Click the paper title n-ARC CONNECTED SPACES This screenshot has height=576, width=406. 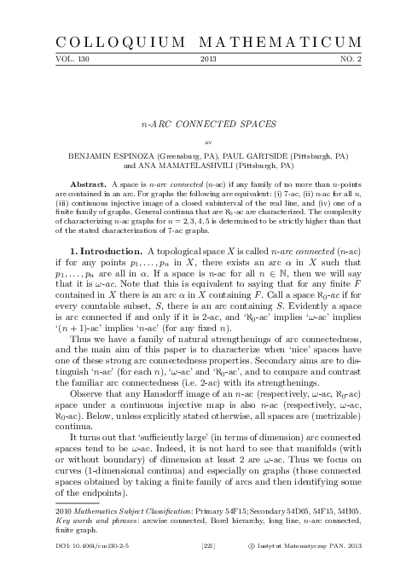click(x=203, y=123)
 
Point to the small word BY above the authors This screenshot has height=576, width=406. click(x=203, y=143)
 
